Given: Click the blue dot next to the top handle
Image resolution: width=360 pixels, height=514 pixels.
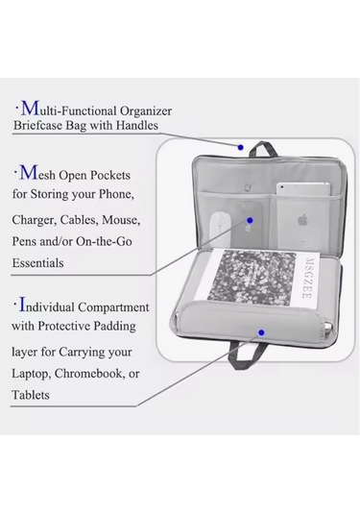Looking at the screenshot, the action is (240, 148).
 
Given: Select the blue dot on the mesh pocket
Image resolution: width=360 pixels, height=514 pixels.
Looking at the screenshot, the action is (250, 220).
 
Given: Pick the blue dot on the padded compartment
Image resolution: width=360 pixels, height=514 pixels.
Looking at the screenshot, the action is (261, 333).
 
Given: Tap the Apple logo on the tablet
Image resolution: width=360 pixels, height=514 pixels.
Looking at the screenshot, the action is (303, 219).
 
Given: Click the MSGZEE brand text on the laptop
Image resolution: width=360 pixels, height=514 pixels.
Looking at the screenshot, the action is (307, 278).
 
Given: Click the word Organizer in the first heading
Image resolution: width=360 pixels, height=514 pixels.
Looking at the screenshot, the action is (146, 111).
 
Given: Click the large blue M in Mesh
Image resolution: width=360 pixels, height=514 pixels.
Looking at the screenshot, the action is (29, 173).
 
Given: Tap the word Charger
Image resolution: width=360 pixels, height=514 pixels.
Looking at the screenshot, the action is (34, 220).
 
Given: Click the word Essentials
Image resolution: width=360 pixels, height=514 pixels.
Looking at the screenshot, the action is (37, 263).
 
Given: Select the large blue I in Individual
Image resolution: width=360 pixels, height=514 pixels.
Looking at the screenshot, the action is (22, 305).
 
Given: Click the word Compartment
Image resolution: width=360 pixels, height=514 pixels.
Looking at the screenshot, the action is (113, 307).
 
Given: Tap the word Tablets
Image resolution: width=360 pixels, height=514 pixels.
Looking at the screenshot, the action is (31, 395).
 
